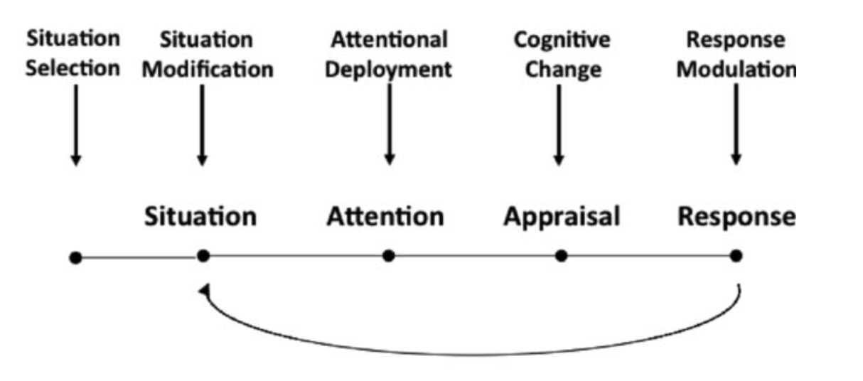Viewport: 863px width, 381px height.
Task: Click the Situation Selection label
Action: click(73, 53)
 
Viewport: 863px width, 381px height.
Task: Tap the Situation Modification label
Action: click(207, 53)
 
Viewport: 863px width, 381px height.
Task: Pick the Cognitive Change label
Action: click(562, 53)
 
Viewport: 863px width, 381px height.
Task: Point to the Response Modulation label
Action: click(736, 53)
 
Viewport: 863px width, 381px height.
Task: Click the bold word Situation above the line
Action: click(200, 216)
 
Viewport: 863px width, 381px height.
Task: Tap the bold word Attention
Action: click(385, 216)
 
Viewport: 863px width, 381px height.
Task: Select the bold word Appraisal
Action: click(562, 216)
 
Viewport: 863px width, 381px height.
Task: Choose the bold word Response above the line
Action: click(736, 216)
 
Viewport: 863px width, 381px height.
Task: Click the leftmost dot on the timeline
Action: click(75, 257)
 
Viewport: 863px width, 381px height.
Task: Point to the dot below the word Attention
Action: click(388, 255)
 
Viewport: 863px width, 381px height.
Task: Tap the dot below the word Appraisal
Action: click(561, 255)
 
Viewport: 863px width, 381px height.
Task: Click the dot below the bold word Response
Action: click(736, 255)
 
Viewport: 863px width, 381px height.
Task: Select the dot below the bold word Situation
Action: click(203, 255)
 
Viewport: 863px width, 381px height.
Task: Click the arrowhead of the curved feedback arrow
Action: click(205, 291)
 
